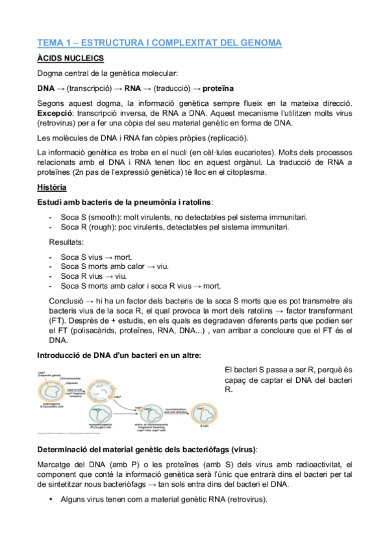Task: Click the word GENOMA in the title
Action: [x=258, y=44]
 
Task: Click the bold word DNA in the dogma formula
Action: [x=45, y=88]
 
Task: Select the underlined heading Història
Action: [x=51, y=187]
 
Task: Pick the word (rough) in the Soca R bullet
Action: [x=103, y=227]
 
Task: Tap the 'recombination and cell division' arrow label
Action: [x=177, y=410]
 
